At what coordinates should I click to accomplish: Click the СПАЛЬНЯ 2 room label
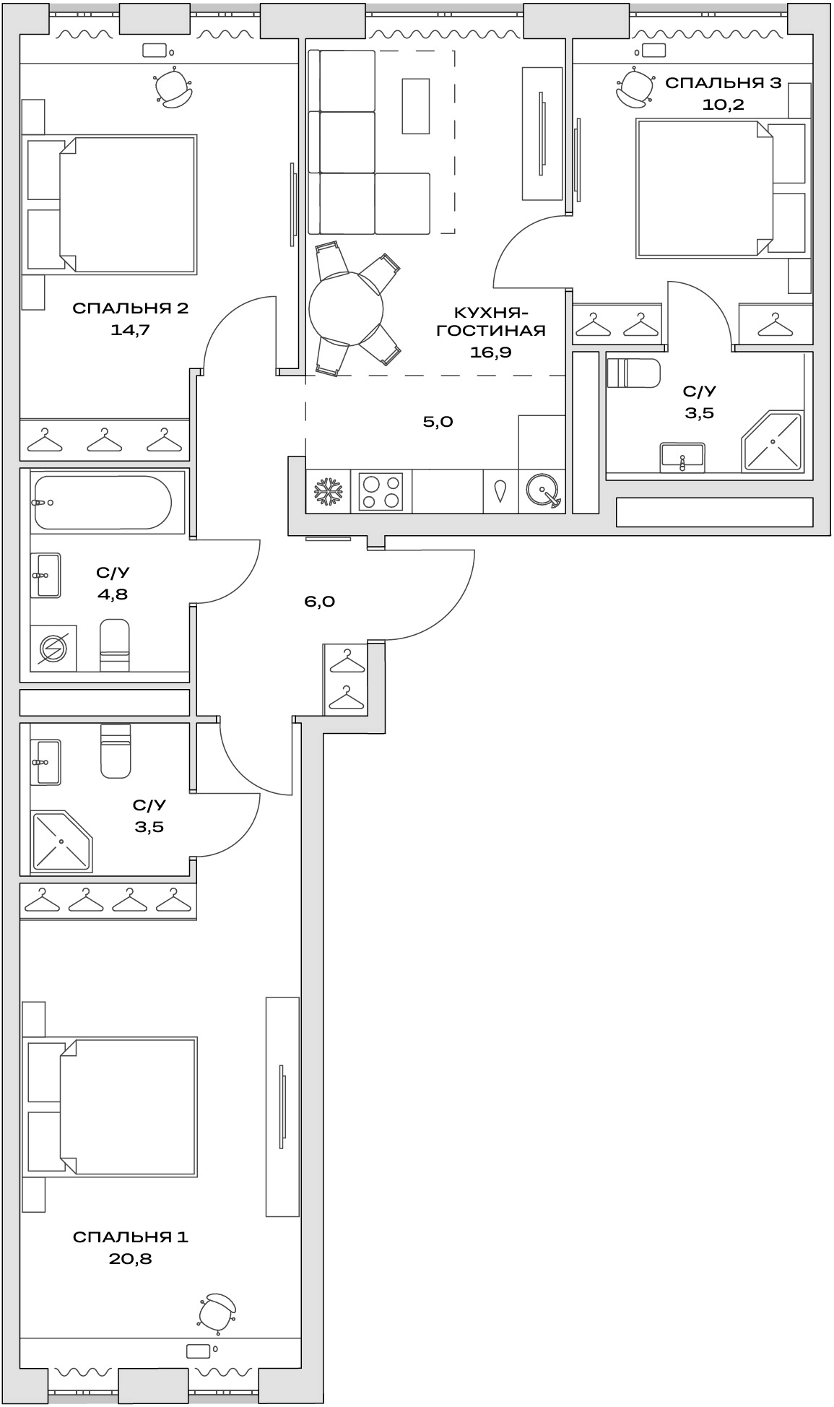[130, 309]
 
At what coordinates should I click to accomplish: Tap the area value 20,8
[130, 1259]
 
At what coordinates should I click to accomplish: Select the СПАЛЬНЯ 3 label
[723, 83]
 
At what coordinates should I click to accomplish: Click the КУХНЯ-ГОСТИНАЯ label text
[490, 321]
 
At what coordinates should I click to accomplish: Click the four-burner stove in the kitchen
[381, 492]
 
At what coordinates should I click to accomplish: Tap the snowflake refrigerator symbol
[327, 492]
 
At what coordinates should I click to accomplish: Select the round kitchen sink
[542, 492]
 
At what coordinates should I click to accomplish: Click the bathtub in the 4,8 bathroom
[101, 503]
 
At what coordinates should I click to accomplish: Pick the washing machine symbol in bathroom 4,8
[53, 648]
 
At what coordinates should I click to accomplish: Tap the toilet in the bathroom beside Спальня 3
[634, 373]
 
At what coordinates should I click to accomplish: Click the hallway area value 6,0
[319, 602]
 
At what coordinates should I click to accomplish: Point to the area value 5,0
[438, 422]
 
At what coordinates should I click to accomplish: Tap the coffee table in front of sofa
[415, 105]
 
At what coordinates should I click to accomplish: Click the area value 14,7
[130, 331]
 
